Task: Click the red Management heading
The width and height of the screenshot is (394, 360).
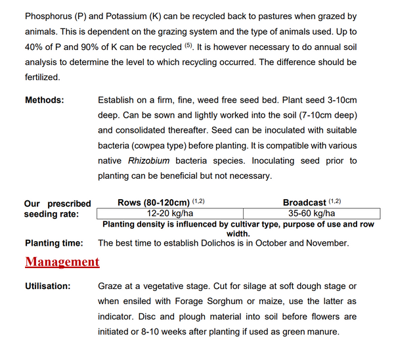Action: click(62, 262)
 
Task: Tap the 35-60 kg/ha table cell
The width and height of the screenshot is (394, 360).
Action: click(312, 213)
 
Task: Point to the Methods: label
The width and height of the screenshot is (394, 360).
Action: click(45, 101)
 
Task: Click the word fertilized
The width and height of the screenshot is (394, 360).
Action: click(42, 78)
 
